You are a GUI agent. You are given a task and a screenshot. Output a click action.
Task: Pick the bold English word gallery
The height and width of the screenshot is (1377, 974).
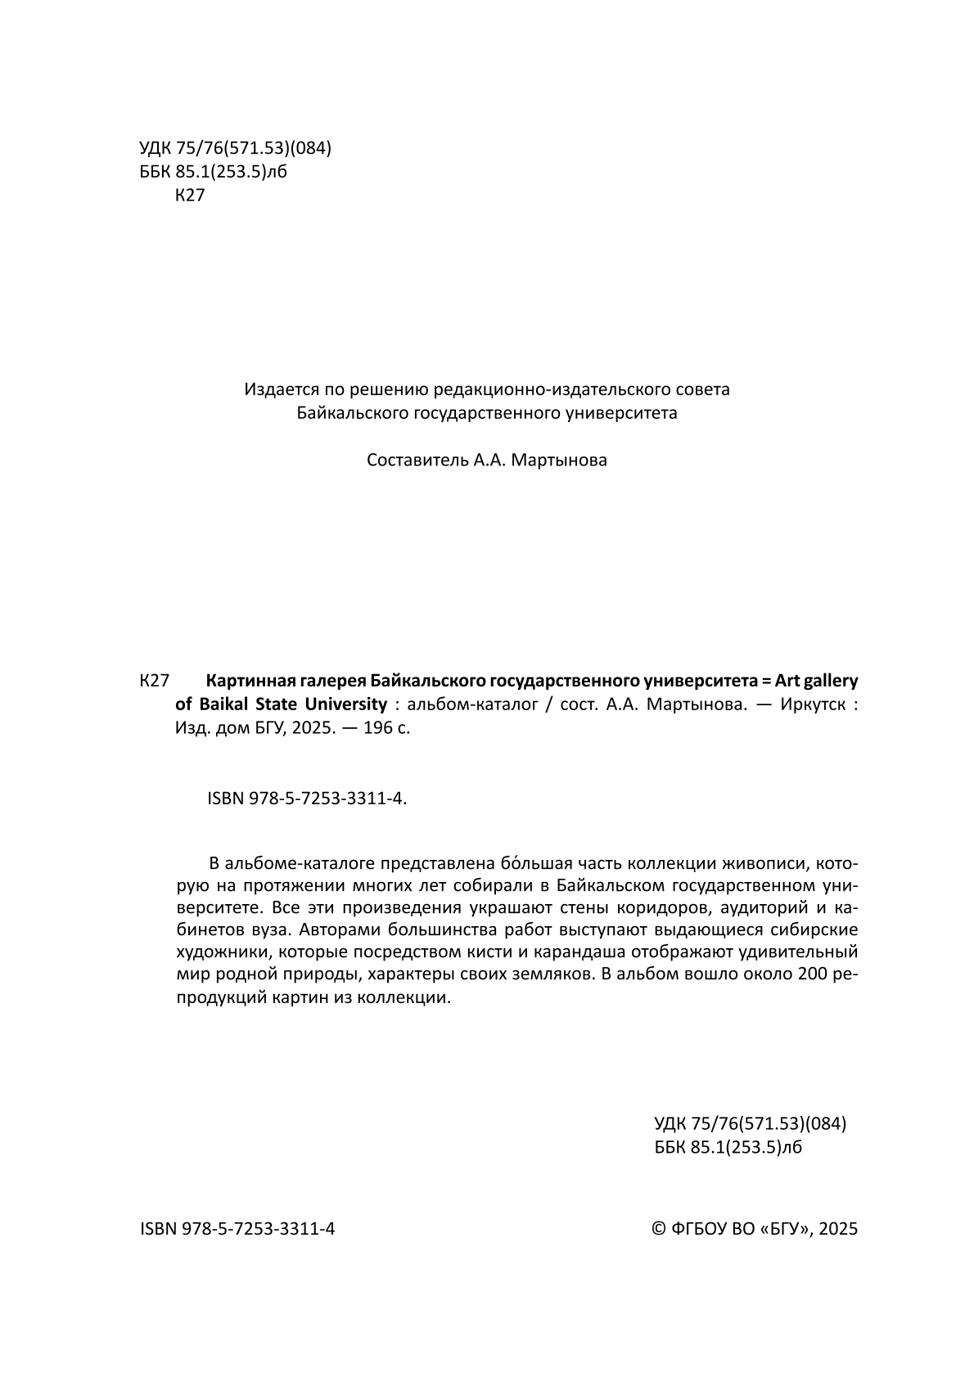coord(830,681)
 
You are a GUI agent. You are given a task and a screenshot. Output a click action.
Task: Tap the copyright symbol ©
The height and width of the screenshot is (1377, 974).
coord(658,1228)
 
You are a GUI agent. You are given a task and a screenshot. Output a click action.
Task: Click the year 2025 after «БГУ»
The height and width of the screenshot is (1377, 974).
coord(837,1228)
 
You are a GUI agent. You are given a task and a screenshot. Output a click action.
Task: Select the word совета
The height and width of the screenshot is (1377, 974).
coord(705,389)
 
